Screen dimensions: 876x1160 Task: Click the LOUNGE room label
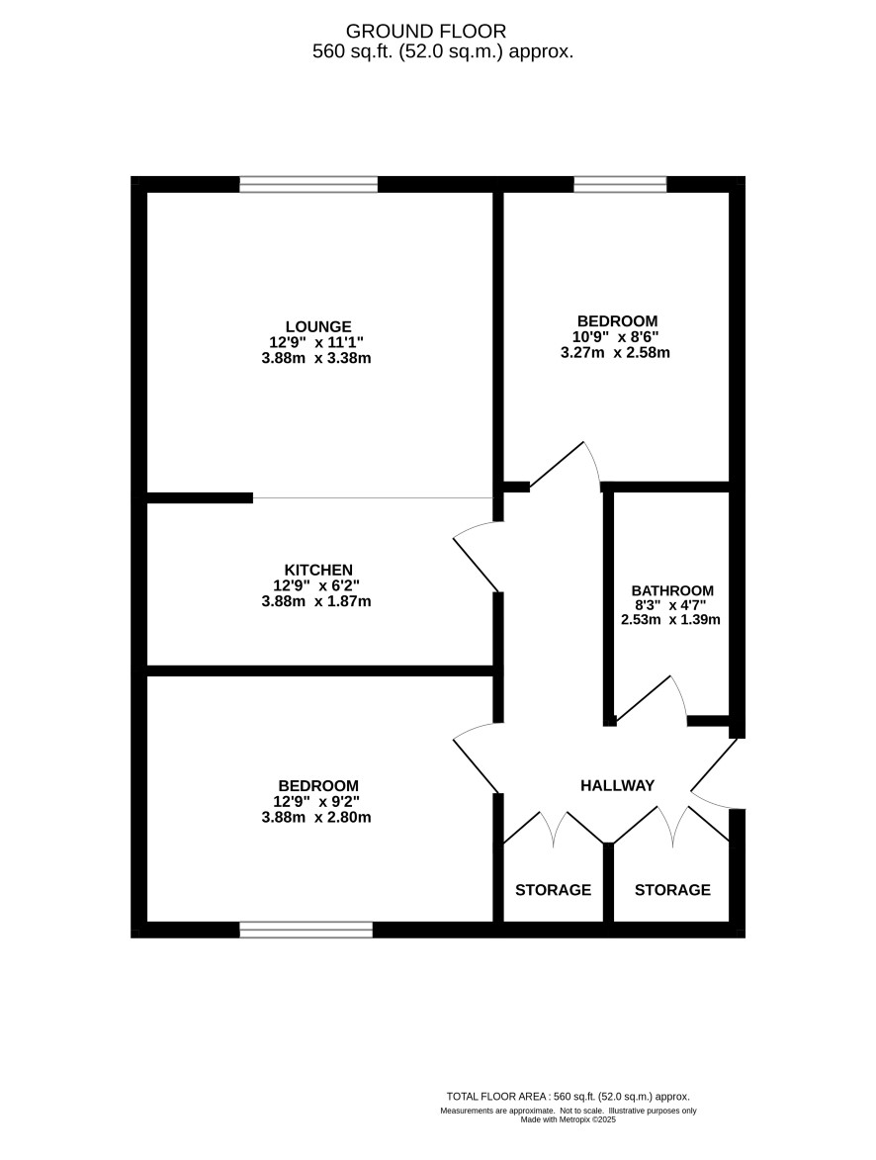318,326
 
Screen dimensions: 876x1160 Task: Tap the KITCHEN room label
318,570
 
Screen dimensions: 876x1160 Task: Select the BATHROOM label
672,590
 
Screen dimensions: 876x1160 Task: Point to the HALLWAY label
617,785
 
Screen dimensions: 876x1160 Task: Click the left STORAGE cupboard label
554,889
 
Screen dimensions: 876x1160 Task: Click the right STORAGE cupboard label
672,889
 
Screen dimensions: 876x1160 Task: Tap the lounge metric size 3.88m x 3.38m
316,359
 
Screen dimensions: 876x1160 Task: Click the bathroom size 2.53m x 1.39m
670,620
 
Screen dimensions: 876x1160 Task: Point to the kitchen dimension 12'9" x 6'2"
316,585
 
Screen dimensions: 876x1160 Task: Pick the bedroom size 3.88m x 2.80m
316,818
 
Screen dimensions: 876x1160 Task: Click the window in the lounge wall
308,184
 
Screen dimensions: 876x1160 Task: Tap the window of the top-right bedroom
621,184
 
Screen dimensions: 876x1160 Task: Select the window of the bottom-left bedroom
307,930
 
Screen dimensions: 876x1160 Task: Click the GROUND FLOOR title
426,31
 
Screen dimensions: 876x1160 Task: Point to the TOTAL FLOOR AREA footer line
569,1097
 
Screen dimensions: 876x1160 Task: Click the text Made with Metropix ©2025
569,1119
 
